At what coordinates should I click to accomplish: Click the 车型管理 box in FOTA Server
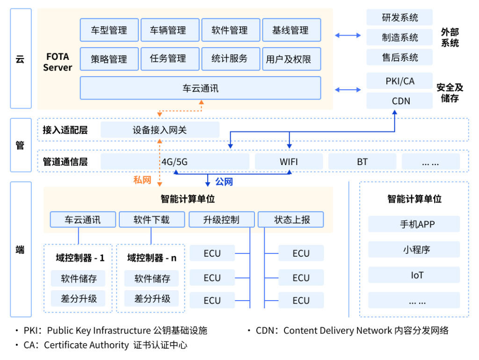109,30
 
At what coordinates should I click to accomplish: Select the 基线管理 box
291,30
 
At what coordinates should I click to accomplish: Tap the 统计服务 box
230,59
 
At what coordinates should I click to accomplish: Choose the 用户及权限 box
291,59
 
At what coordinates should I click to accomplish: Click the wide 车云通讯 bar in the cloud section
200,88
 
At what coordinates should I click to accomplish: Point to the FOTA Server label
58,62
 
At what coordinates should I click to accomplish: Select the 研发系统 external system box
399,18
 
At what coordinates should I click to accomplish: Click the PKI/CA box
399,81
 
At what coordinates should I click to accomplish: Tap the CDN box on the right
399,101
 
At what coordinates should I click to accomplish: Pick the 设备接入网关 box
160,130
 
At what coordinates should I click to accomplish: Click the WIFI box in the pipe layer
289,162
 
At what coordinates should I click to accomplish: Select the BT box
362,162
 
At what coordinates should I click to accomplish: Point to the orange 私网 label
142,180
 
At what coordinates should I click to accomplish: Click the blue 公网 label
224,181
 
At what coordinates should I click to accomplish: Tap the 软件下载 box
152,220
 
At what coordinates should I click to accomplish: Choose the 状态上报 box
292,220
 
